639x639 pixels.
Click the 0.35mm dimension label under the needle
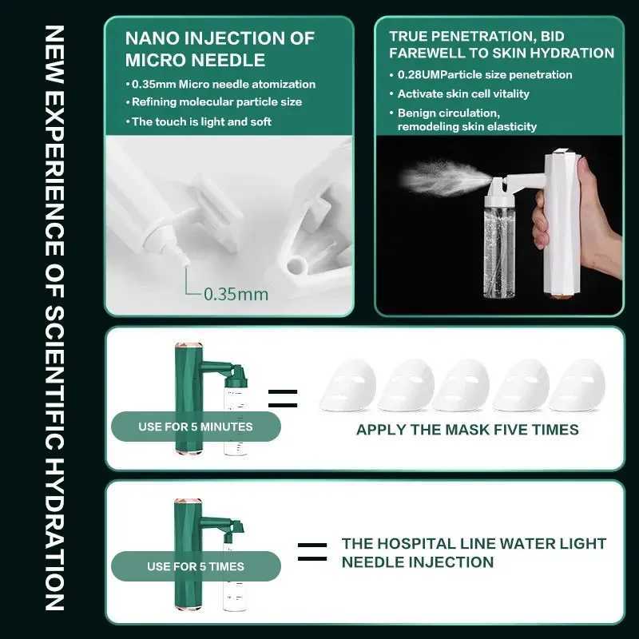(236, 294)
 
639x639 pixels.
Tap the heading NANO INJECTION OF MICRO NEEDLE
(220, 48)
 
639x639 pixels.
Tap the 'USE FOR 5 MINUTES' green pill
(195, 427)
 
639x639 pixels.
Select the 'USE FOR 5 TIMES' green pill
(195, 566)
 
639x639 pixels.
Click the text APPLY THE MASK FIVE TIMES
(467, 430)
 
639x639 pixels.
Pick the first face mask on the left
(348, 385)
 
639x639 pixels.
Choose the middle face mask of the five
(463, 385)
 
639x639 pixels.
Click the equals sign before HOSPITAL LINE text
(312, 552)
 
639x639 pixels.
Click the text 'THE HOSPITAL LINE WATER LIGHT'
(474, 544)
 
